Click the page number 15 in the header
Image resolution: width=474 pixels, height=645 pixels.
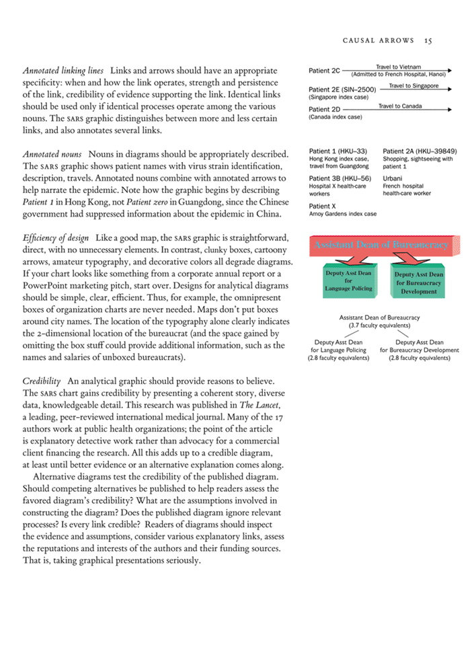pos(428,40)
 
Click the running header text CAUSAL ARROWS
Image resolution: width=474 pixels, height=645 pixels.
pos(378,40)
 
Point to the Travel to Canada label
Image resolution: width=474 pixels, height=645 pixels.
pos(400,106)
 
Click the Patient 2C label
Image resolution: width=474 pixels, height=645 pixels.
pos(324,70)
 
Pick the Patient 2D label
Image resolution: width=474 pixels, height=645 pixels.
pos(324,109)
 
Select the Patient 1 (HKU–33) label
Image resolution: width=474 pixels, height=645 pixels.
pos(338,151)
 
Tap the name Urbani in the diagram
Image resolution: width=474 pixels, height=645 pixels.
pos(393,178)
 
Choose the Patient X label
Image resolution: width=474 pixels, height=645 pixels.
pos(322,206)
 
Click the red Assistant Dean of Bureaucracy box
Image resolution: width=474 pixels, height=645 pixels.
pos(380,245)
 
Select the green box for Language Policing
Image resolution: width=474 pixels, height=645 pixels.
pos(348,281)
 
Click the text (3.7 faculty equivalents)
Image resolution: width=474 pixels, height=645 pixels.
pos(380,325)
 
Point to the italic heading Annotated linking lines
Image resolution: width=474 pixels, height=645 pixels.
pos(63,70)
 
